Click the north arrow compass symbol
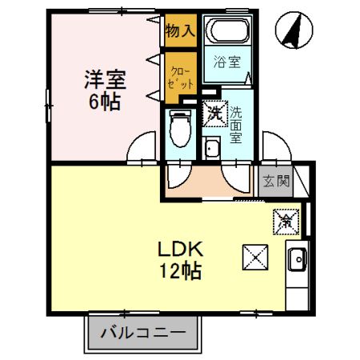293,32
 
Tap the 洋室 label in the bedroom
106,81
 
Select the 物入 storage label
179,32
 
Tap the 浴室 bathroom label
227,61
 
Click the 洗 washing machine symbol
214,114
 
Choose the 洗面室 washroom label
236,124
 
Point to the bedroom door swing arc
144,148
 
